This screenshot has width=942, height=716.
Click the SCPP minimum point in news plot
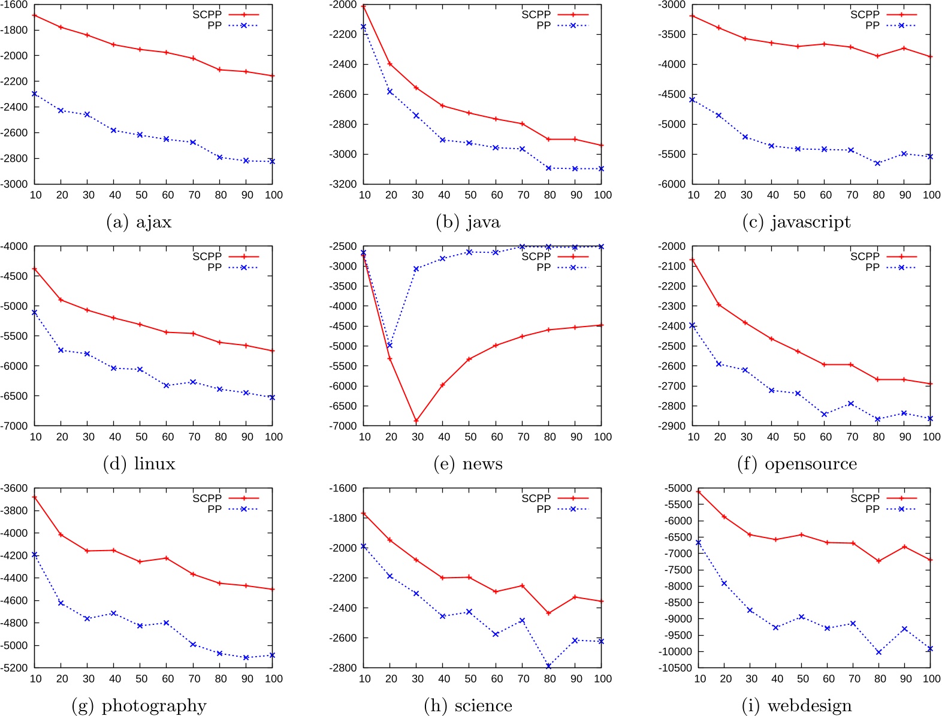416,421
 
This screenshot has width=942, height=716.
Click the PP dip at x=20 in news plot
390,345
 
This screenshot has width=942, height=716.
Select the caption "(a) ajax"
138,222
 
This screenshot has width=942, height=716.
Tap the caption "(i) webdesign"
796,706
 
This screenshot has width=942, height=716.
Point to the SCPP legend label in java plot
535,14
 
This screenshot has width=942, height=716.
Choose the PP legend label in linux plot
215,267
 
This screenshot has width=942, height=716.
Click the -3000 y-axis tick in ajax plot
14,184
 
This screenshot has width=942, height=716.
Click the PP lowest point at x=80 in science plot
549,666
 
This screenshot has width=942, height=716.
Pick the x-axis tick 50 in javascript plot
799,195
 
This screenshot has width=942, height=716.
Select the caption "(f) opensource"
796,464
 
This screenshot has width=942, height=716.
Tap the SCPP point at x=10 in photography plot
35,497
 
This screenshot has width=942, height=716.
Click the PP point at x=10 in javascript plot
692,100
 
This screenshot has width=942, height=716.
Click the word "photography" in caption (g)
154,706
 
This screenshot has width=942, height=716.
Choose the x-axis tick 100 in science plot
602,679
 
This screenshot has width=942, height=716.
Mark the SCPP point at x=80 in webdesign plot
878,561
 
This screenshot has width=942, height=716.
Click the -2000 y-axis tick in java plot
343,5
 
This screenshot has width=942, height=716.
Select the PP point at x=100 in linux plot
272,397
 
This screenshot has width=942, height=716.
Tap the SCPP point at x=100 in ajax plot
273,76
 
